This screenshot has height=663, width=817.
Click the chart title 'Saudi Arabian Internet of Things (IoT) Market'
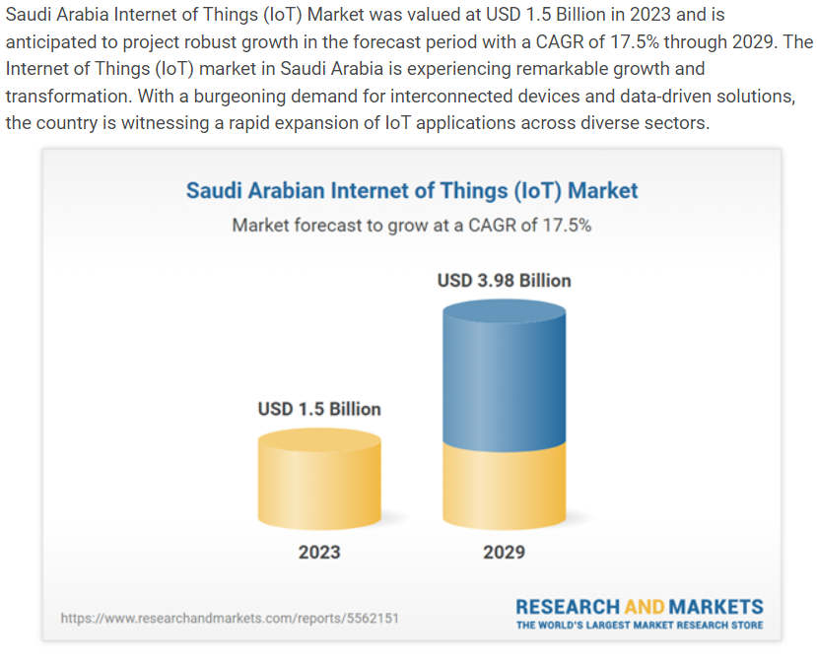412,191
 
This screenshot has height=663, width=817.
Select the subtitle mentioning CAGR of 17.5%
412,226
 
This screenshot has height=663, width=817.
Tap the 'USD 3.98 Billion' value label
504,281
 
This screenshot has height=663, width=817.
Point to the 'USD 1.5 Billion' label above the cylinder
319,410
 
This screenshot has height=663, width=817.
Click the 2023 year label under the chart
319,552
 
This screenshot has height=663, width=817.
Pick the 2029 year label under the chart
504,552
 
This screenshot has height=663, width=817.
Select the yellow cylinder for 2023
319,479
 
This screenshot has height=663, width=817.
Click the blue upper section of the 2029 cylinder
504,375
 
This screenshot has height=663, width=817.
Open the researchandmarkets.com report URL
230,619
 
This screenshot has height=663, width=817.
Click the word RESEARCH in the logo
568,607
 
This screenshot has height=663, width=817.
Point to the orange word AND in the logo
645,607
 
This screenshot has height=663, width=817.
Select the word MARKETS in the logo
715,607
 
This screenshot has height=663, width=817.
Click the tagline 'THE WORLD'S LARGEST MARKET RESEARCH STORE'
640,625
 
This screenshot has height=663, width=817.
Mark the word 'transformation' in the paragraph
67,97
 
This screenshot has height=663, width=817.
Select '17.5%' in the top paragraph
635,42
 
